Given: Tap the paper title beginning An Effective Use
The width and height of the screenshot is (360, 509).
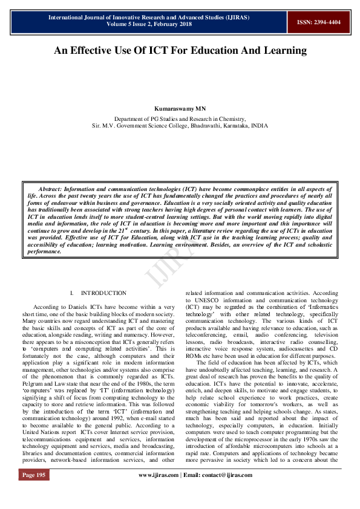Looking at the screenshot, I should pyautogui.click(x=180, y=51).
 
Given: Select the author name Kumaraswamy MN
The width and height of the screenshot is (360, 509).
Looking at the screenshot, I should pyautogui.click(x=180, y=109).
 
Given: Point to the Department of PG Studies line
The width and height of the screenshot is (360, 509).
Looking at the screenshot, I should pyautogui.click(x=180, y=119).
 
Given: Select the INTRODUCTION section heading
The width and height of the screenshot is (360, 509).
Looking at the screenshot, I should pyautogui.click(x=103, y=293).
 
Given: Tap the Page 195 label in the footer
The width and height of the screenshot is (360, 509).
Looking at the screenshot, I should pyautogui.click(x=34, y=492).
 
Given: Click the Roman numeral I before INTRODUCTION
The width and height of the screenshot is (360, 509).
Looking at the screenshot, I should pyautogui.click(x=71, y=293).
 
